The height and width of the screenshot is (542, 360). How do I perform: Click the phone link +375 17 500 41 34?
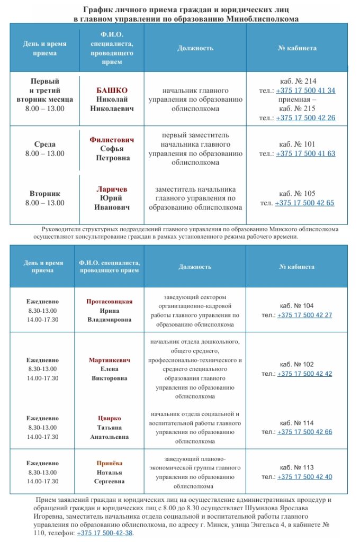(x=305, y=91)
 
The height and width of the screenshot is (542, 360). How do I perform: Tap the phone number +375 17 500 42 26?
(x=305, y=118)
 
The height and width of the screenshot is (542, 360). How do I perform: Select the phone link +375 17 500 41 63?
(x=305, y=153)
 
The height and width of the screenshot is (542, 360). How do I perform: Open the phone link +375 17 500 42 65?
(x=304, y=203)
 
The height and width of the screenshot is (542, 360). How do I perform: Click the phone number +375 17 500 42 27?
(x=304, y=315)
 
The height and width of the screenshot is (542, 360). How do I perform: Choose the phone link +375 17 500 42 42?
(x=304, y=373)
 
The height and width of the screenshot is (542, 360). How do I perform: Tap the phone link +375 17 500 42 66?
(x=304, y=432)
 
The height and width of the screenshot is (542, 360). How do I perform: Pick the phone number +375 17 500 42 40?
(x=304, y=477)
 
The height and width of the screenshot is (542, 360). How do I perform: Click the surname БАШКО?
(x=112, y=90)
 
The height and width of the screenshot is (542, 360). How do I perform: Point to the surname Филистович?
(x=112, y=140)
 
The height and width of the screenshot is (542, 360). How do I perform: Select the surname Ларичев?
(x=112, y=189)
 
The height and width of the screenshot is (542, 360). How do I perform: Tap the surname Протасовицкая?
(x=109, y=301)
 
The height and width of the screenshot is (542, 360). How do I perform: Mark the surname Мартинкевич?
(x=109, y=360)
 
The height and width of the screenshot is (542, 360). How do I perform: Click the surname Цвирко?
(x=109, y=418)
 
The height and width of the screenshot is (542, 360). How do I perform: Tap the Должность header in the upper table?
(x=195, y=48)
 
